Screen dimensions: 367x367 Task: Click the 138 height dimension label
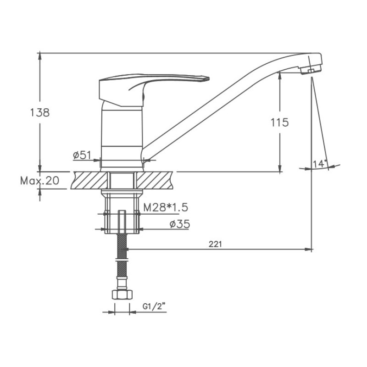click(40, 112)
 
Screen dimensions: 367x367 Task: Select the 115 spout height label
click(280, 122)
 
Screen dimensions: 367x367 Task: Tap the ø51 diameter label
click(82, 155)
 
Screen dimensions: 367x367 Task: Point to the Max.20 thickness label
click(39, 181)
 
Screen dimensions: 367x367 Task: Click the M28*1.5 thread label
click(166, 207)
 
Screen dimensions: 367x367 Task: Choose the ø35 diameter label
click(179, 224)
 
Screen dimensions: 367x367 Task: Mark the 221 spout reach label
click(215, 244)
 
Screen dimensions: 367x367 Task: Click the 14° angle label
click(320, 164)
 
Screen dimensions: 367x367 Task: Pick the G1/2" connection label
click(154, 306)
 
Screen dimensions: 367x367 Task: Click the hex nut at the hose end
click(122, 294)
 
